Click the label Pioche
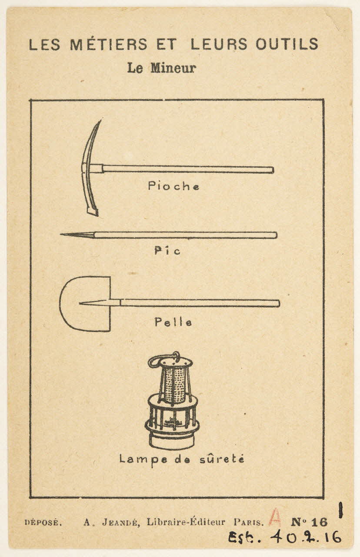[x=174, y=186]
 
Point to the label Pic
[x=167, y=251]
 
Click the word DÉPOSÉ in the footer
[x=43, y=523]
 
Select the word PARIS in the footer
[x=249, y=523]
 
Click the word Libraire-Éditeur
[x=186, y=522]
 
